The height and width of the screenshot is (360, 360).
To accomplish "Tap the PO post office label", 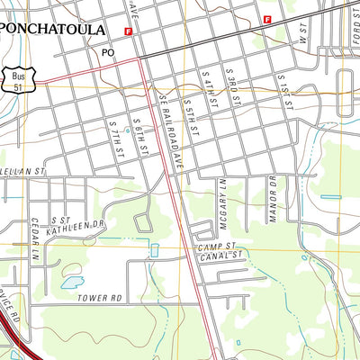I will (108, 53).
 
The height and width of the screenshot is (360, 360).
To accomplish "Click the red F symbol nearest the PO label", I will (129, 31).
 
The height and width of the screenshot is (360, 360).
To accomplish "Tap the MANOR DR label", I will (270, 193).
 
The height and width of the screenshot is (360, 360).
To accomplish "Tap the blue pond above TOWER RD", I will (70, 283).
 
